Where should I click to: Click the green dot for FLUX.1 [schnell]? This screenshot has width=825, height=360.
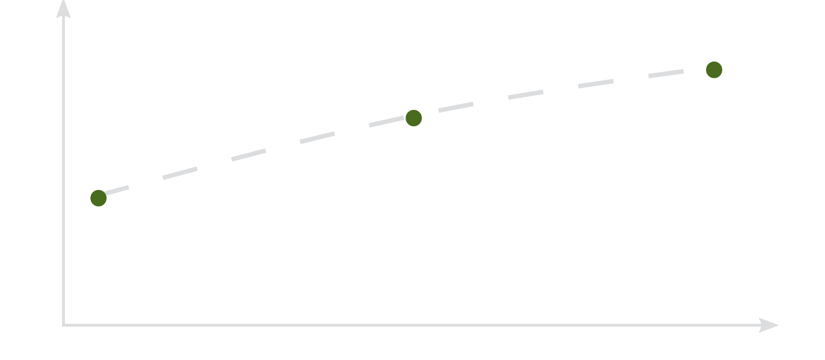pyautogui.click(x=98, y=198)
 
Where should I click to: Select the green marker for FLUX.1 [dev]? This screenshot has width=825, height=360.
pyautogui.click(x=413, y=118)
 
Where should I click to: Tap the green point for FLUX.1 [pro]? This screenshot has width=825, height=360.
pyautogui.click(x=714, y=69)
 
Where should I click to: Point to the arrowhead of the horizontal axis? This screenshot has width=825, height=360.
pyautogui.click(x=770, y=325)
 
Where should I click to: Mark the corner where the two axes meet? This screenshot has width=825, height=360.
pyautogui.click(x=63, y=325)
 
